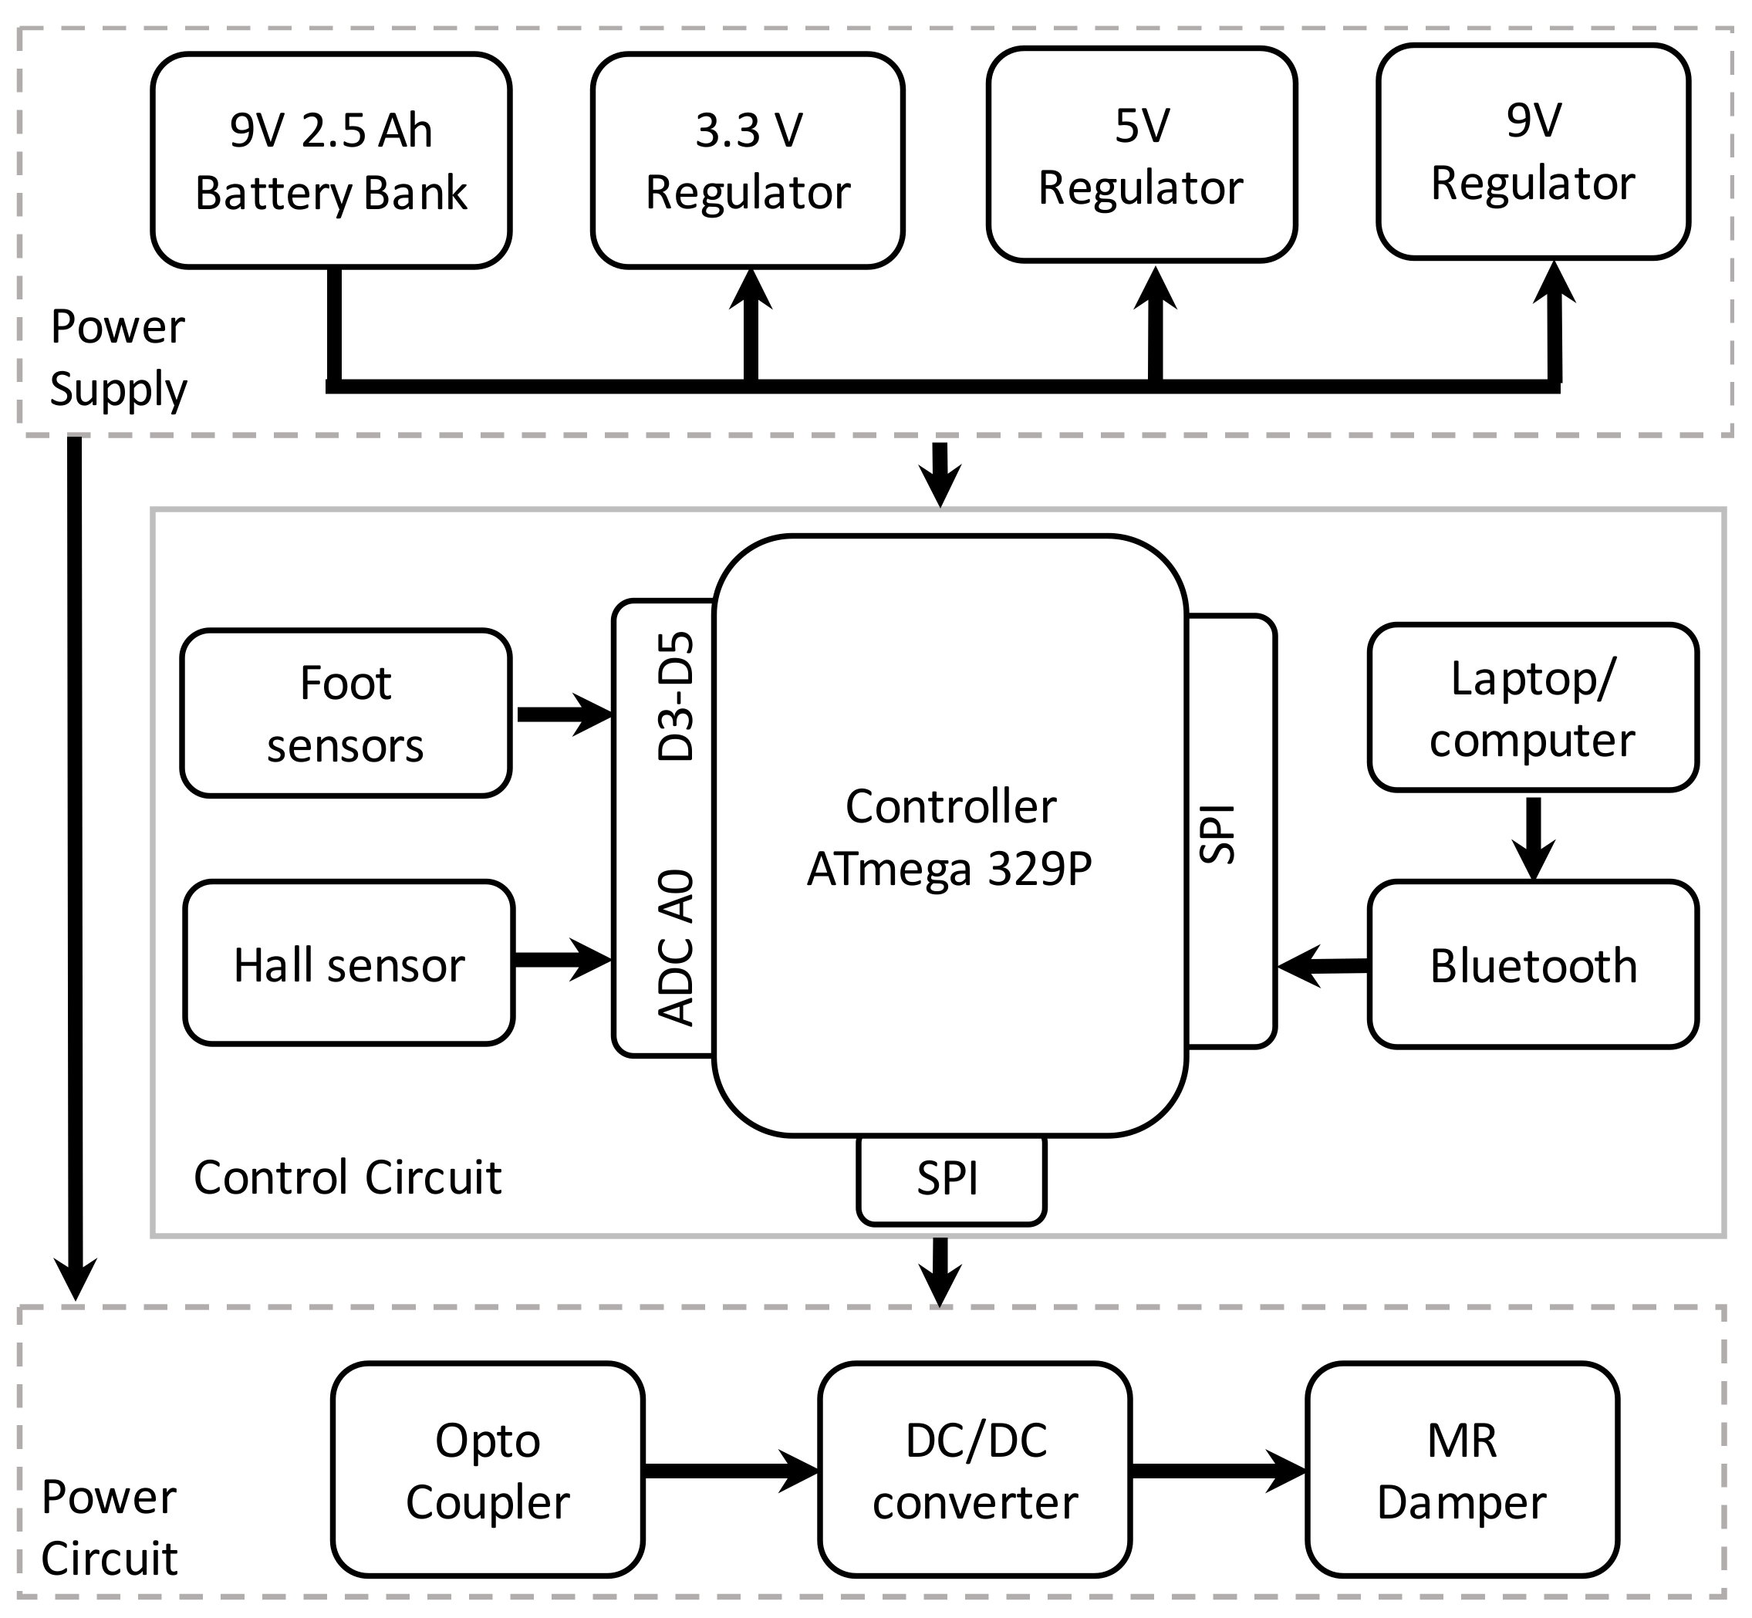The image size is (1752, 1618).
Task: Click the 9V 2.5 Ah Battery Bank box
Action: pyautogui.click(x=331, y=160)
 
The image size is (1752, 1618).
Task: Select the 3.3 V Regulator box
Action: pyautogui.click(x=748, y=160)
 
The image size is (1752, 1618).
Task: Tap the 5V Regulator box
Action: pyautogui.click(x=1141, y=155)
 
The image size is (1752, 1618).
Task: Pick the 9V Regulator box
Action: pyautogui.click(x=1532, y=151)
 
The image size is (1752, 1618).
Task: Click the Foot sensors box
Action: pyautogui.click(x=346, y=713)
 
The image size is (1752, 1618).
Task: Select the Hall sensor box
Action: pyautogui.click(x=349, y=963)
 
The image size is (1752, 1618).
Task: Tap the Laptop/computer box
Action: pyautogui.click(x=1532, y=708)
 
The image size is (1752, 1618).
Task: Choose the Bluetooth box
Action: pyautogui.click(x=1532, y=964)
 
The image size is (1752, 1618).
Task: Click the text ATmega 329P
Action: pyautogui.click(x=950, y=870)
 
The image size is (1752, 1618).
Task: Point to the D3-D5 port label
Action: pyautogui.click(x=676, y=697)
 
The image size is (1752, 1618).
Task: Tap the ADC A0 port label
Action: pyautogui.click(x=676, y=947)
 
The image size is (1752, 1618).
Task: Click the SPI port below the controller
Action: pyautogui.click(x=951, y=1178)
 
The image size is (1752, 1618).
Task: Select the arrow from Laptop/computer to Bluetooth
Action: pyautogui.click(x=1533, y=836)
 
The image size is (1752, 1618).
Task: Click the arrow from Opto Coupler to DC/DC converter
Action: pyautogui.click(x=731, y=1470)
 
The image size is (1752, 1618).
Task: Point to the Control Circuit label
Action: pyautogui.click(x=348, y=1177)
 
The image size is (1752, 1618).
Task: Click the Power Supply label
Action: pyautogui.click(x=117, y=357)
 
